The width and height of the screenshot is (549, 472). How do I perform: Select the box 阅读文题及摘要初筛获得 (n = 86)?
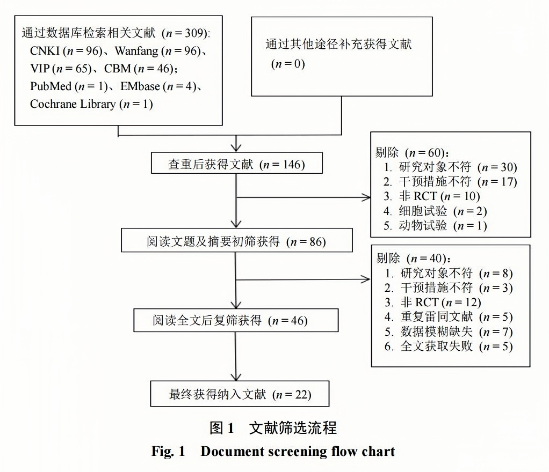coord(236,241)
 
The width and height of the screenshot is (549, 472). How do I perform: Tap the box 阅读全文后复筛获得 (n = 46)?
coord(236,321)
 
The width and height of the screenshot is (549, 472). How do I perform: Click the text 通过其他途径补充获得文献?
coord(338,45)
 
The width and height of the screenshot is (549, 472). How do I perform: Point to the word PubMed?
coord(51,86)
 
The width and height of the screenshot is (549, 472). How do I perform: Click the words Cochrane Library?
coord(73,104)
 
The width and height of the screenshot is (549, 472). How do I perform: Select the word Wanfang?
coord(135,51)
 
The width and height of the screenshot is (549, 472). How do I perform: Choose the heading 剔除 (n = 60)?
coord(411,152)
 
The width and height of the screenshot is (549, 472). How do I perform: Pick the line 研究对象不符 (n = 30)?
coord(450,167)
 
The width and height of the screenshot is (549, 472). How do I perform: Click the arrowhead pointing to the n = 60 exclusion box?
coord(367,197)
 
